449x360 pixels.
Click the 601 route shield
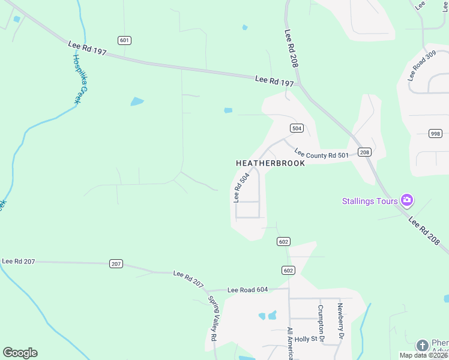tap(125, 40)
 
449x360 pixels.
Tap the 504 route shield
tap(297, 128)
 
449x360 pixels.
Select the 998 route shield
tap(436, 133)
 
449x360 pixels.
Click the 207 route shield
tap(116, 264)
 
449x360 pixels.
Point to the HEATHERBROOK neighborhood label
tap(270, 163)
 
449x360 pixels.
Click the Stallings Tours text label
tap(370, 201)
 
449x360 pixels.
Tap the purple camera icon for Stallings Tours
tap(407, 200)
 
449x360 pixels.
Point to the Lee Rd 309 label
tap(421, 67)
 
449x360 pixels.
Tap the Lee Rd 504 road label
tap(241, 188)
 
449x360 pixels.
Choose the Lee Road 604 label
tap(247, 290)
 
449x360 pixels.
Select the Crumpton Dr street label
tap(321, 325)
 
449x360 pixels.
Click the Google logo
tap(20, 353)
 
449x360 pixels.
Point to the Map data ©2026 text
tap(423, 355)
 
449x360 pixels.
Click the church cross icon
tap(422, 345)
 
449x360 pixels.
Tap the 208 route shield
tap(364, 152)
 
